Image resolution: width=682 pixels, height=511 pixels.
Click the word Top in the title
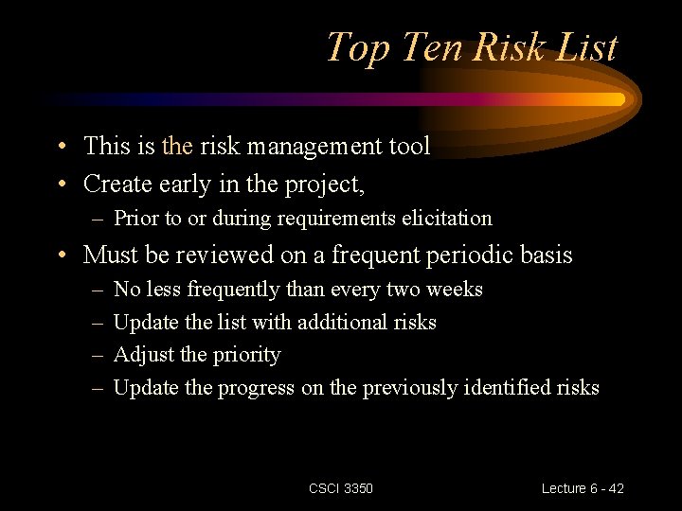click(357, 47)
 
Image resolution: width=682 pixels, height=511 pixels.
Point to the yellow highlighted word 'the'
click(177, 146)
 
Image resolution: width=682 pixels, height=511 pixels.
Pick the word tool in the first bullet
click(408, 146)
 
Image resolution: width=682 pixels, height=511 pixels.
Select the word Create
click(118, 183)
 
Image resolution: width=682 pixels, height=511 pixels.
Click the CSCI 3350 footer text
click(341, 488)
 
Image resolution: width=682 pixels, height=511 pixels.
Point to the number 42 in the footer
click(616, 488)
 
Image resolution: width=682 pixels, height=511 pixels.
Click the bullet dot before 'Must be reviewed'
click(61, 255)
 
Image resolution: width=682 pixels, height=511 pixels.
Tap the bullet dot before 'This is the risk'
click(61, 147)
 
